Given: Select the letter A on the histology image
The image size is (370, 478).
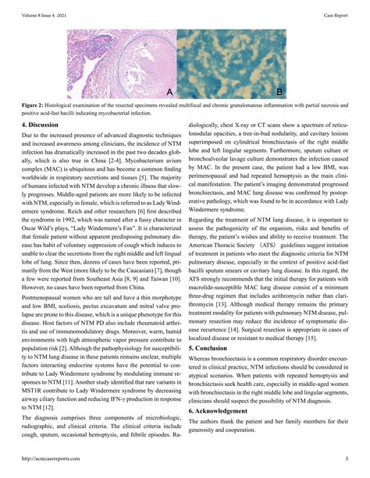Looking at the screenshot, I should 169,93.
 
